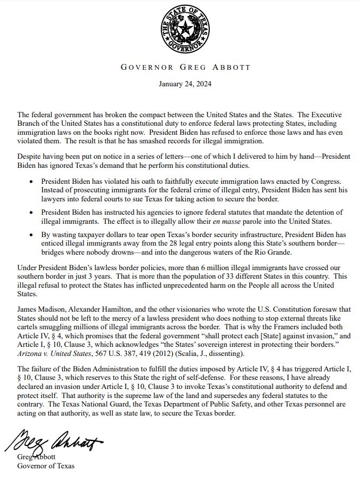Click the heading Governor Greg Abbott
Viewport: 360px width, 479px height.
tap(185, 68)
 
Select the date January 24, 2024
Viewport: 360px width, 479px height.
tap(185, 84)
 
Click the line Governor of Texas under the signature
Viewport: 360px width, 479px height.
tap(46, 466)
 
